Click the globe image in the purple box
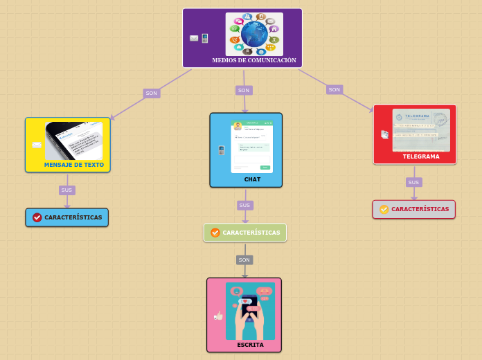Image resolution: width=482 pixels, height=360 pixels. (x=254, y=34)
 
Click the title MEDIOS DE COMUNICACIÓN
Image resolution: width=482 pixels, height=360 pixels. (x=254, y=61)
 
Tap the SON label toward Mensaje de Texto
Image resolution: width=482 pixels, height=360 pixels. (x=151, y=93)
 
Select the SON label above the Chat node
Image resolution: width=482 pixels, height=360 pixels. (x=243, y=90)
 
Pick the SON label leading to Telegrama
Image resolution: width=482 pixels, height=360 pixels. (x=334, y=89)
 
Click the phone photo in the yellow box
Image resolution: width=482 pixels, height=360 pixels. (x=74, y=141)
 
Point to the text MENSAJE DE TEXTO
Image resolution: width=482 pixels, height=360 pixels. (x=74, y=165)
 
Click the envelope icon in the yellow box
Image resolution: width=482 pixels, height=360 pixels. (x=37, y=145)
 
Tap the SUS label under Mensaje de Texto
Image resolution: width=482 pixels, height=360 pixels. (x=66, y=190)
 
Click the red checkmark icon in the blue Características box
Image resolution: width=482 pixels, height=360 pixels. (x=37, y=217)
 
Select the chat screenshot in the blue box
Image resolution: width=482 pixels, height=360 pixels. (x=251, y=146)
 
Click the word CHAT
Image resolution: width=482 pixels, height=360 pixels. (x=252, y=179)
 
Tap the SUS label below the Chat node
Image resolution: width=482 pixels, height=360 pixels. (x=244, y=205)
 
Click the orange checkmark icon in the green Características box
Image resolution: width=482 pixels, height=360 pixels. (x=215, y=233)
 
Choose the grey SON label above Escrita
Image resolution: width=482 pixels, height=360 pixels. (x=244, y=260)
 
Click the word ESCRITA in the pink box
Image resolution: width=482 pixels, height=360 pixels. (x=250, y=344)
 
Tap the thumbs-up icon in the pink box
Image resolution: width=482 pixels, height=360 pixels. (x=219, y=316)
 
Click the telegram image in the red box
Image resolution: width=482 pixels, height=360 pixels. (x=420, y=129)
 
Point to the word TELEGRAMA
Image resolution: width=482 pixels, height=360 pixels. (x=421, y=156)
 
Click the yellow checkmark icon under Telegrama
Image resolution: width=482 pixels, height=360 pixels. (x=384, y=209)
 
